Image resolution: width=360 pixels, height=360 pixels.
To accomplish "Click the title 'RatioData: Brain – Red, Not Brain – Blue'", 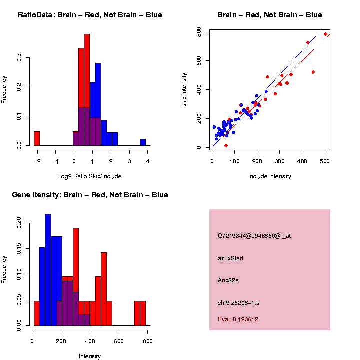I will pos(90,15).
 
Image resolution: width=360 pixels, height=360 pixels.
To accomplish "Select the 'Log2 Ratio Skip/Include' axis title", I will pos(90,176).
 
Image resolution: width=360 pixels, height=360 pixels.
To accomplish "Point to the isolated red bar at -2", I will pos(37,138).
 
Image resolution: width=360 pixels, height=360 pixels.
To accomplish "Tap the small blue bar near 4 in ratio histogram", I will pos(143,142).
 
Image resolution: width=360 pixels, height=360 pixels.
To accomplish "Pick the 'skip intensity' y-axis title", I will pos(185,88).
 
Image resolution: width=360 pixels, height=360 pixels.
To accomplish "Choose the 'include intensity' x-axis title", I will pos(270,176).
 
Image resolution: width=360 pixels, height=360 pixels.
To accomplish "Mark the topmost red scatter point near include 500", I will pos(325,34).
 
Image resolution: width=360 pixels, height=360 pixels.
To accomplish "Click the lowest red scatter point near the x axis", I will pos(226,145).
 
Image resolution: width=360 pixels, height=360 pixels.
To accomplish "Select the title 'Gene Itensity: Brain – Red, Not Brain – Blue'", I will pos(90,195).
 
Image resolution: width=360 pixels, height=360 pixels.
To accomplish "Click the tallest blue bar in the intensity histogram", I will pos(48,270).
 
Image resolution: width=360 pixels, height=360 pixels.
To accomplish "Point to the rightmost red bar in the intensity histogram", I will pos(143,313).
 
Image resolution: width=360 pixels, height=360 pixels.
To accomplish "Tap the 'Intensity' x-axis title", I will pos(90,356).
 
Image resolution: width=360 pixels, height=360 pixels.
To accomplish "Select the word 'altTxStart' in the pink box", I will pos(230,258).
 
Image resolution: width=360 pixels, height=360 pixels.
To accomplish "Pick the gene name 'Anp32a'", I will pos(228,280).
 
